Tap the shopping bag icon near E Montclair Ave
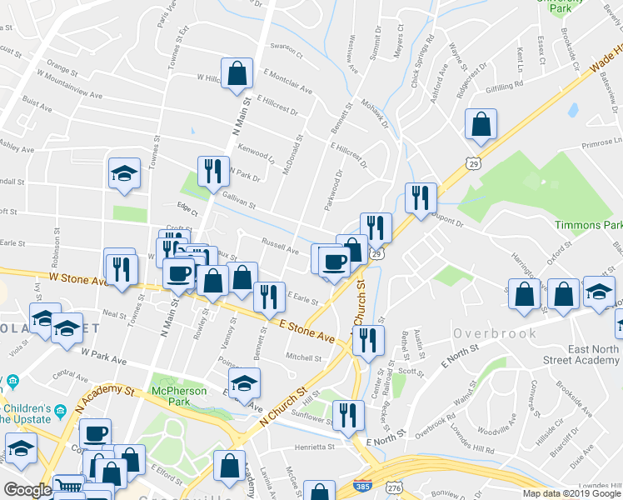click(237, 72)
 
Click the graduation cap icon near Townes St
click(124, 173)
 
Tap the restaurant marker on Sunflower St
click(347, 414)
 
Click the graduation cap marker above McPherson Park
click(245, 383)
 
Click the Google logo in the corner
click(27, 490)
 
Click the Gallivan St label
click(239, 201)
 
